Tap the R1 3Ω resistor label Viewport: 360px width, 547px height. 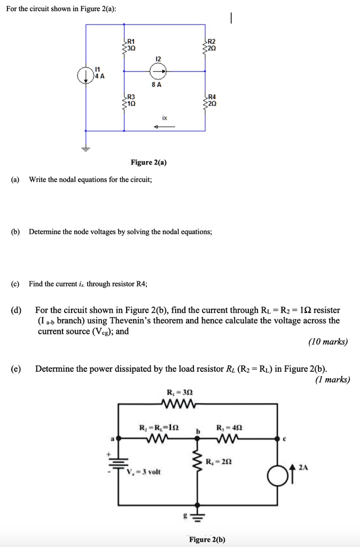(x=130, y=44)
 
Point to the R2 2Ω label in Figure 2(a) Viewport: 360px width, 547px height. (x=211, y=44)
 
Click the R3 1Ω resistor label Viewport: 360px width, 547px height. (x=130, y=100)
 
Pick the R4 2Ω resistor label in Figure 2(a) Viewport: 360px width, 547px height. (x=211, y=100)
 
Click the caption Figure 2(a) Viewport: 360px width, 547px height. (x=148, y=162)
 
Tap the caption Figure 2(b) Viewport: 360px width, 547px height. (x=207, y=540)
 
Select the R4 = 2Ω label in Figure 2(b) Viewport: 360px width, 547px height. (x=219, y=460)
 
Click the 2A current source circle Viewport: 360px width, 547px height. (x=278, y=473)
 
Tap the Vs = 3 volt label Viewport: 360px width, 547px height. (x=144, y=472)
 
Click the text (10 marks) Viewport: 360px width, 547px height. (x=328, y=342)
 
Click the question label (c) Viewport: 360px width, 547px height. (x=15, y=284)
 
